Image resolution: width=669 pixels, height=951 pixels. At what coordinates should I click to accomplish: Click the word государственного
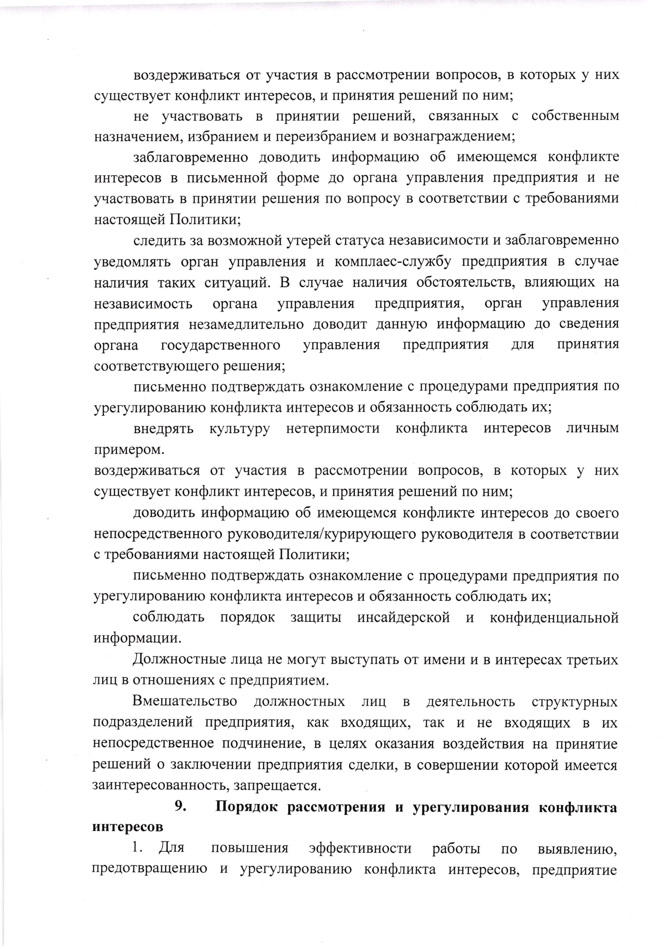coord(220,345)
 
